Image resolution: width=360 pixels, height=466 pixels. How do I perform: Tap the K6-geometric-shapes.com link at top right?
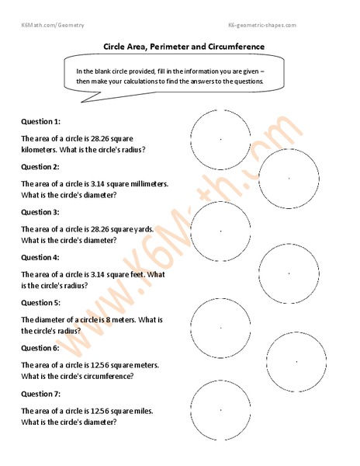(x=262, y=26)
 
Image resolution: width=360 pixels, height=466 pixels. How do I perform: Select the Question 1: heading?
(x=40, y=122)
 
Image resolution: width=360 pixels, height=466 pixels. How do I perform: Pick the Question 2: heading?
(x=40, y=167)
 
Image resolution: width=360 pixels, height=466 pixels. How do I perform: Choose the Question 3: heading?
(x=40, y=212)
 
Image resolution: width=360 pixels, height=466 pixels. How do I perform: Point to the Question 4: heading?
(x=40, y=257)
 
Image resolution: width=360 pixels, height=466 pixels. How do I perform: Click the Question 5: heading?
(x=40, y=302)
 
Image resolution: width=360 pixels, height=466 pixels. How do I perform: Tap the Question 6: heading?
(x=40, y=347)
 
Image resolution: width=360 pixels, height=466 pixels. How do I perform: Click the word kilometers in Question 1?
(x=40, y=150)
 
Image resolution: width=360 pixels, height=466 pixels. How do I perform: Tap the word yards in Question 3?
(x=143, y=229)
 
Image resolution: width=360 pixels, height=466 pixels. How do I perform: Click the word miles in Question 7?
(x=143, y=409)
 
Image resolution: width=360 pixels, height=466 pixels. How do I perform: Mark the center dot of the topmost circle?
(x=220, y=139)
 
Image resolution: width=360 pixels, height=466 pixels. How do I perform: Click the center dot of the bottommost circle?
(x=220, y=409)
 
